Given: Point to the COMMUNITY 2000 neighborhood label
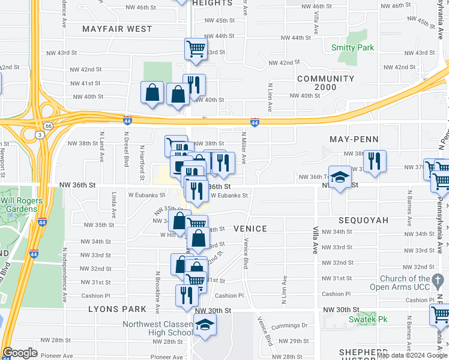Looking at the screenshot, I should point(325,83).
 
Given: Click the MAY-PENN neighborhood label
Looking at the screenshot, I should point(354,139).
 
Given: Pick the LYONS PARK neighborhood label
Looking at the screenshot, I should point(117,309).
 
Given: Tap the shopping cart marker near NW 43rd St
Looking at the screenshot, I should point(196,49).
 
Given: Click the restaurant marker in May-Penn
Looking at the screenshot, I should point(375,161).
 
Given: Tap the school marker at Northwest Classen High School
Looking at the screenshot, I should point(205,325).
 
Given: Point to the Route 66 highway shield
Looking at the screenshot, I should point(47,127).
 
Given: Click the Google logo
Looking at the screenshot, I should point(20,353).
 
